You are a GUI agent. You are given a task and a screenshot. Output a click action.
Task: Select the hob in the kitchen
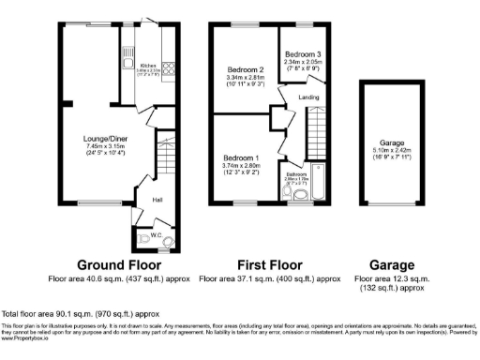click(x=170, y=67)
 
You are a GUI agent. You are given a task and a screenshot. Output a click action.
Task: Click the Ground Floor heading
click(x=114, y=263)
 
